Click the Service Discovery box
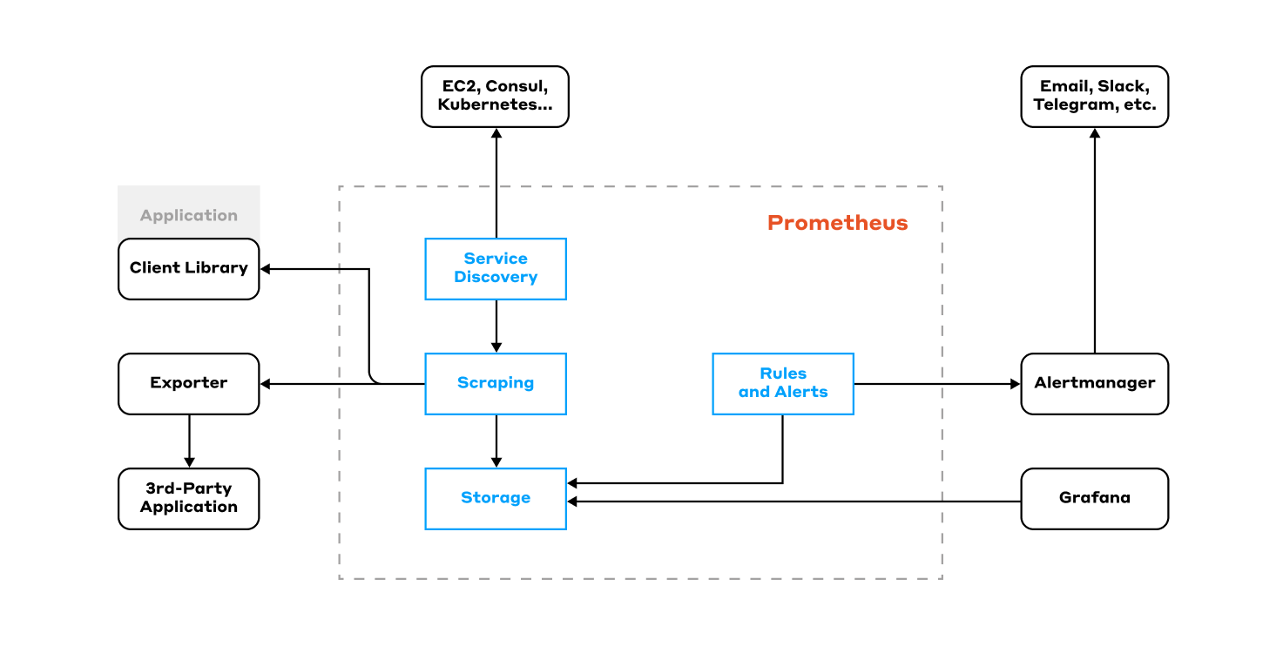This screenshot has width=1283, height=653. tap(496, 268)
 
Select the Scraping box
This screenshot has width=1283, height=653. tap(496, 383)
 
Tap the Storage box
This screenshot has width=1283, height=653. tap(496, 498)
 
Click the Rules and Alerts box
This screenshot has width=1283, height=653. tap(782, 383)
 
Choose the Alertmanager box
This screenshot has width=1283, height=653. tap(1094, 383)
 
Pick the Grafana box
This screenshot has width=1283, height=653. tap(1094, 498)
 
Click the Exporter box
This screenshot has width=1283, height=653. tap(188, 383)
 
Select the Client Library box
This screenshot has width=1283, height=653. tap(188, 268)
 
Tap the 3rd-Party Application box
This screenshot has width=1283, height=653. tap(188, 498)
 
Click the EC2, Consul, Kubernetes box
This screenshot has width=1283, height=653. tap(495, 97)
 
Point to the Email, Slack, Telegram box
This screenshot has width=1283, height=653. tap(1094, 97)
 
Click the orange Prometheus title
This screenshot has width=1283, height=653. tap(837, 223)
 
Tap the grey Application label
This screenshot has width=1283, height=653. tap(188, 215)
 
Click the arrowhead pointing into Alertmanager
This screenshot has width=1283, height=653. tap(1014, 383)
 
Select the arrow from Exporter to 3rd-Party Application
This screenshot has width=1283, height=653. tap(189, 441)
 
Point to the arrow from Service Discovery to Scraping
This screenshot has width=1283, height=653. tap(496, 326)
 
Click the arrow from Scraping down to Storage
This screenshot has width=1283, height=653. tap(496, 441)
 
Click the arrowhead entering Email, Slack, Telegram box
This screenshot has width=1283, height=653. tap(1095, 134)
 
